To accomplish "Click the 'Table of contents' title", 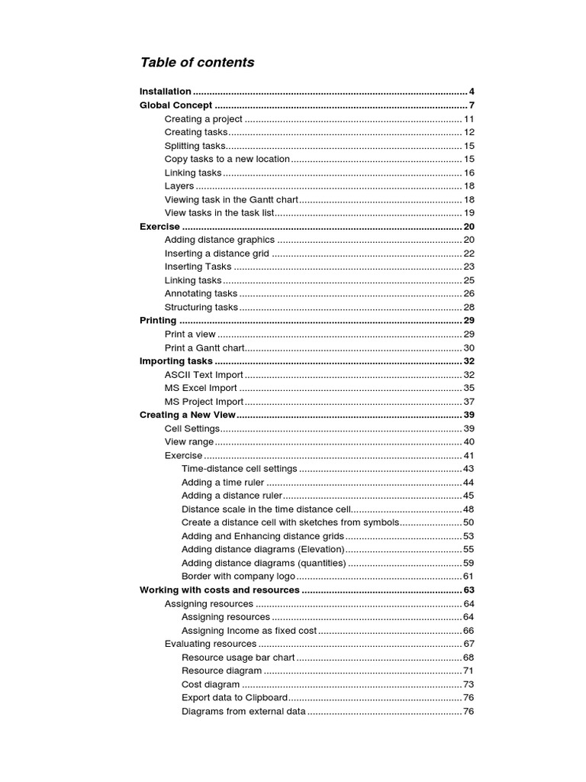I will click(197, 63).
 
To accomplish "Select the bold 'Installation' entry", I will click(166, 92).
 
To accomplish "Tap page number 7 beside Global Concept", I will click(472, 105).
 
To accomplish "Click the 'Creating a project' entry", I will click(204, 119).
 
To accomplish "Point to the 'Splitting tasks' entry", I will click(195, 146).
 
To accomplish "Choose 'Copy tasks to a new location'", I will click(227, 159).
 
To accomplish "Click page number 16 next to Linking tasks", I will click(468, 173).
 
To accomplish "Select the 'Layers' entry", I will click(179, 186).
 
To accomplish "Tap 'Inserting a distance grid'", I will click(217, 254).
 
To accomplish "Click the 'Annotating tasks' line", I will click(201, 293).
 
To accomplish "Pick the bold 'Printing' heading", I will click(158, 321).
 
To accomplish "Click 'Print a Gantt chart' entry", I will click(205, 347).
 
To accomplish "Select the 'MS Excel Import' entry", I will click(201, 388).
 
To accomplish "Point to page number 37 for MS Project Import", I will click(468, 402).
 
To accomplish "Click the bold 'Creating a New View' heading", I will click(188, 415).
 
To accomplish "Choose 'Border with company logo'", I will click(237, 576).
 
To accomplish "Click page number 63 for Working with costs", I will click(468, 590).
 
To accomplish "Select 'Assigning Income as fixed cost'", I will click(249, 631).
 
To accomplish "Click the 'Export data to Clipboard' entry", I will click(235, 698).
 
